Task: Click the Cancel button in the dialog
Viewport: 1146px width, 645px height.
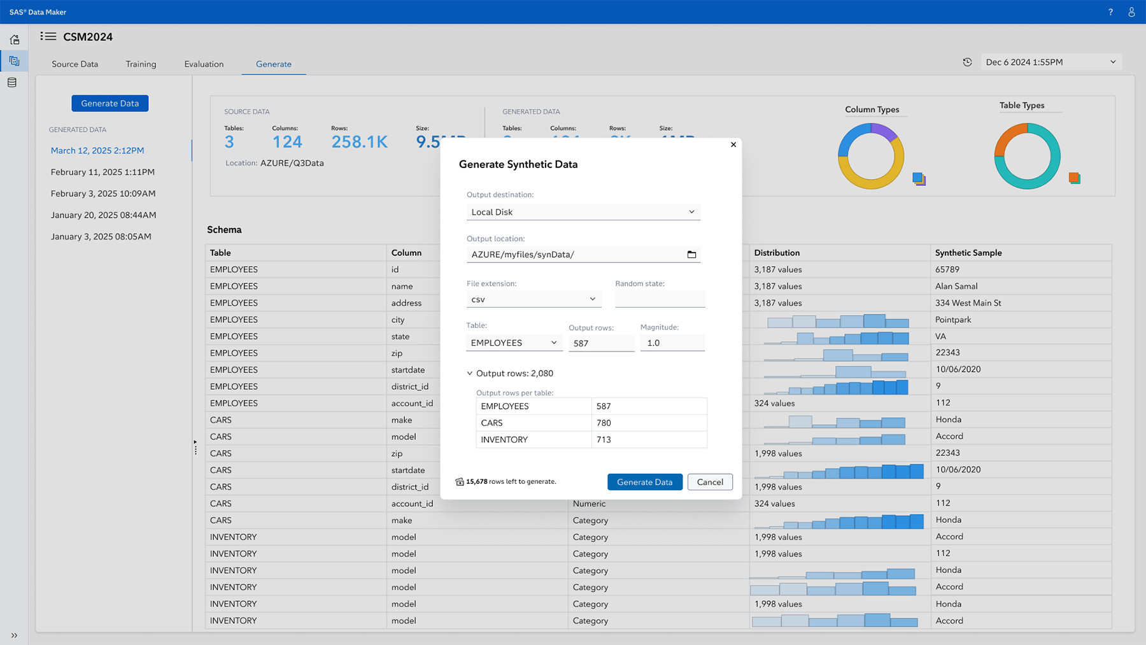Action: click(709, 482)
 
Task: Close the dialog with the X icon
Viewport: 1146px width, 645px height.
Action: click(733, 145)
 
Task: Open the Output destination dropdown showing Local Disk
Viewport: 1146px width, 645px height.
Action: click(583, 212)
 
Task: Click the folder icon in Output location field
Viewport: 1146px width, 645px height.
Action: click(691, 255)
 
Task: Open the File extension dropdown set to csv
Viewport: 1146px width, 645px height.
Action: click(533, 299)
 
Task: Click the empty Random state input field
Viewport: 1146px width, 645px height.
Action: click(660, 299)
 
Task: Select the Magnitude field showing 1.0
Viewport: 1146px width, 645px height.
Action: click(672, 343)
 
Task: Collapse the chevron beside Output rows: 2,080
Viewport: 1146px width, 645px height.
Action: click(470, 374)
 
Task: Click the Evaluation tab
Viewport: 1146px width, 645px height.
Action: click(204, 64)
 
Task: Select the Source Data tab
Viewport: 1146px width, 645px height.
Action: click(75, 64)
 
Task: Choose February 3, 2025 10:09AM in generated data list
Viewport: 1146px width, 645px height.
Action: click(103, 194)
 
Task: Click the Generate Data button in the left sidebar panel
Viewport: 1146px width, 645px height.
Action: click(110, 103)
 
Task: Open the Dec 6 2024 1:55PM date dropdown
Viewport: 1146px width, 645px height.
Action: click(1050, 62)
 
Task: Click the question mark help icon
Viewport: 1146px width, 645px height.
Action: click(1110, 12)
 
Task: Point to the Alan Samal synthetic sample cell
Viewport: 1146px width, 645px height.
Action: click(956, 287)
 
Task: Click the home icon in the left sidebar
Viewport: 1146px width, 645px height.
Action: click(14, 39)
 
